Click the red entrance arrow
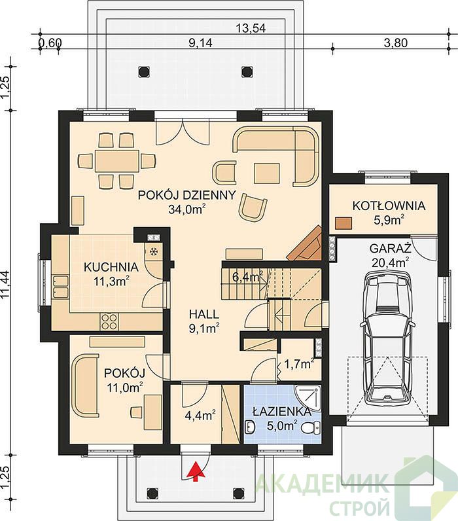point(196,471)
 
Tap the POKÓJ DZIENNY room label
point(186,195)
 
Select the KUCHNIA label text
point(111,267)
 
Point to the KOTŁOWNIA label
point(389,206)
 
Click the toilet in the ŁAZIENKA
point(311,427)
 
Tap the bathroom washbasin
point(250,427)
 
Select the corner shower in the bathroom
point(308,399)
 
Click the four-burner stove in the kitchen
point(109,321)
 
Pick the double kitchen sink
point(60,286)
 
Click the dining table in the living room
point(116,160)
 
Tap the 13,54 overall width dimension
point(251,28)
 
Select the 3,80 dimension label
point(396,43)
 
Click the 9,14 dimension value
point(200,43)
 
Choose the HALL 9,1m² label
point(204,321)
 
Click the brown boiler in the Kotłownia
point(343,223)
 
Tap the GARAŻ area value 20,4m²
point(390,262)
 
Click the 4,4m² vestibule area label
point(200,416)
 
